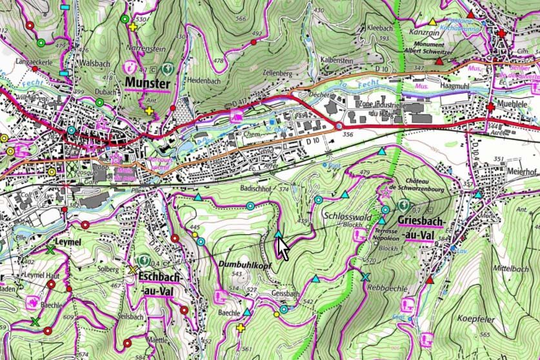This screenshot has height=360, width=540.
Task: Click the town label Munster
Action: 148,84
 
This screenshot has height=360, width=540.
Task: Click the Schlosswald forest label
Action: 348,217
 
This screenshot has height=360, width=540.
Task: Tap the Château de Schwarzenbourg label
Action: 426,185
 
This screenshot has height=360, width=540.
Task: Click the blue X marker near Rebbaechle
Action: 366,277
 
